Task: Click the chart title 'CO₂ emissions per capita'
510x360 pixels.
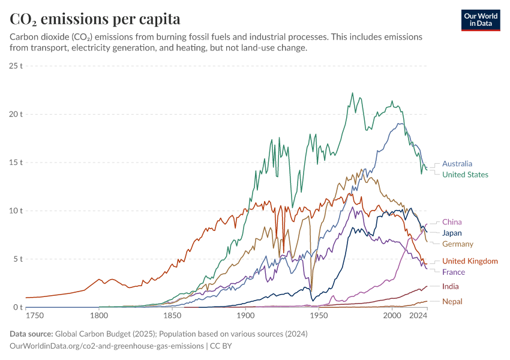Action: click(95, 19)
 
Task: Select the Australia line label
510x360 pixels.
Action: click(457, 163)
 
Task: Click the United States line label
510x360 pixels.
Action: click(465, 175)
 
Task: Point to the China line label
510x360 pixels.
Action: click(452, 222)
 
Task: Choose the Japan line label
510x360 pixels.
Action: click(452, 233)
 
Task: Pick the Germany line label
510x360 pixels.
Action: click(457, 244)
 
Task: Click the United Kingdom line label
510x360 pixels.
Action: click(470, 261)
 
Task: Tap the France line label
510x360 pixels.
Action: click(453, 272)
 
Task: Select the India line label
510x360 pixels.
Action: click(450, 286)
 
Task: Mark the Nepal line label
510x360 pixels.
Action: click(452, 301)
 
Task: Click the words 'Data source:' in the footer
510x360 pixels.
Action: click(31, 334)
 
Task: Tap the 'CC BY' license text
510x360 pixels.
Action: click(221, 346)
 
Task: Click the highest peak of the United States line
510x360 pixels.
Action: click(352, 93)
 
